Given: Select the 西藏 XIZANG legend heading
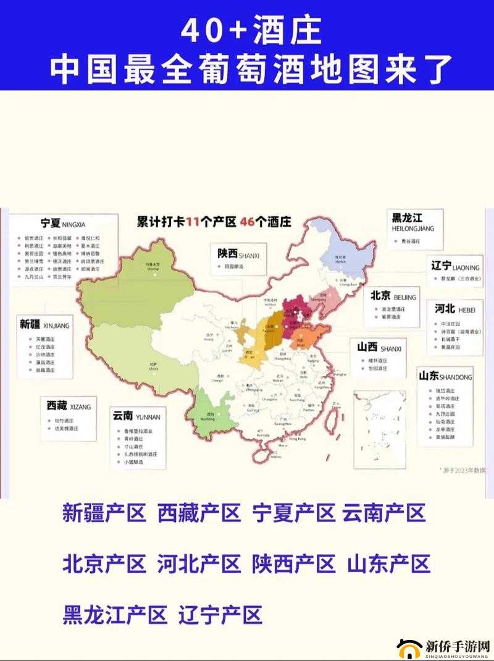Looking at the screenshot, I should pos(68,406).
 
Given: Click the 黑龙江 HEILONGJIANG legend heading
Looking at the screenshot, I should pos(413,221).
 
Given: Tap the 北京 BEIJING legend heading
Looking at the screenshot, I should pos(393,296).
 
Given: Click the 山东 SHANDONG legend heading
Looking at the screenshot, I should pos(445,376).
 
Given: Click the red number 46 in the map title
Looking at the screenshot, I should pos(248,222).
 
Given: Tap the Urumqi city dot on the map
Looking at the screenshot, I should pos(153,265).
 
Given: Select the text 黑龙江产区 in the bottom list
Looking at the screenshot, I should pos(115,615).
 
